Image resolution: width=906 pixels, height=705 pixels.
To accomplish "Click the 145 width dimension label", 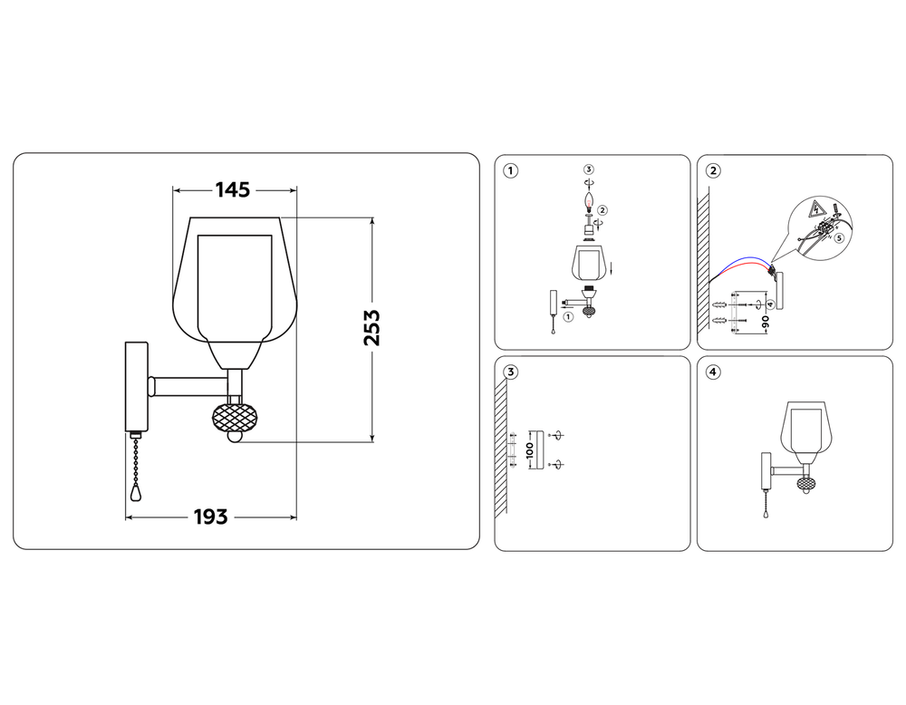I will (x=233, y=190).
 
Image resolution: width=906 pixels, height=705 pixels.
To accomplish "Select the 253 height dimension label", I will (x=371, y=328).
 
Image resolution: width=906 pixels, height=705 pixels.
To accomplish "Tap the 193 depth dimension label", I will (x=210, y=517).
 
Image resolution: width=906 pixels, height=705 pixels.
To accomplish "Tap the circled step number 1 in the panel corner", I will (x=511, y=171).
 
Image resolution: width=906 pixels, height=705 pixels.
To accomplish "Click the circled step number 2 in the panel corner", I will (x=714, y=171).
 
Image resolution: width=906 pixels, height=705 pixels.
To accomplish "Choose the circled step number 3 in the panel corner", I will (x=511, y=372).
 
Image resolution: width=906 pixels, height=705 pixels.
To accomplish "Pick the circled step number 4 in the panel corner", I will (x=714, y=372).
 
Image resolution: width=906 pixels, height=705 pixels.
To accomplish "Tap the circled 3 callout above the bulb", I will (x=590, y=169).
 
